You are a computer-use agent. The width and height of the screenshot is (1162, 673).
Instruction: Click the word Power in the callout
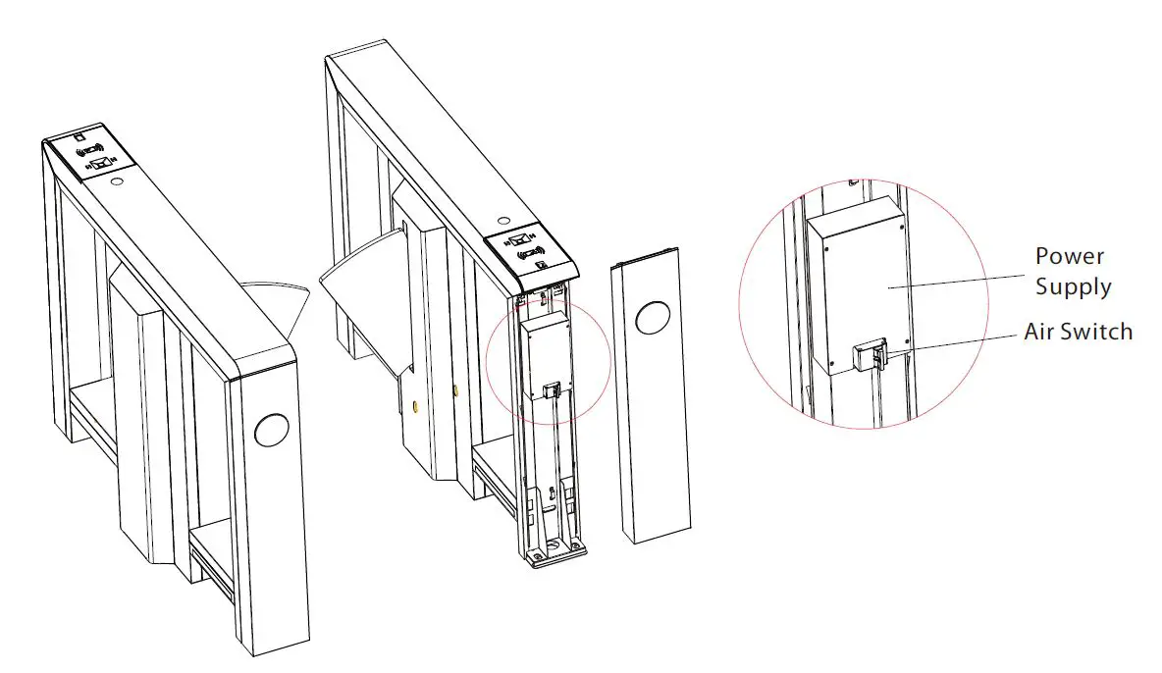coord(1069,257)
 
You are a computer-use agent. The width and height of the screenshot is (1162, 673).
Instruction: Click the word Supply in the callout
coord(1073,287)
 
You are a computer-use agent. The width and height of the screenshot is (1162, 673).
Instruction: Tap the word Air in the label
coord(1042,332)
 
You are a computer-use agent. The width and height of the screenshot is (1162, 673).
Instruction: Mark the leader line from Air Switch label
coord(952,338)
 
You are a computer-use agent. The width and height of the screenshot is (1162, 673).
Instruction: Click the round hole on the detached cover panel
coord(652,319)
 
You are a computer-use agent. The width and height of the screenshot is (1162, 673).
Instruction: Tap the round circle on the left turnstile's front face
coord(272,429)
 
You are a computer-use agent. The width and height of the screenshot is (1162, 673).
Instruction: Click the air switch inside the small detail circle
coord(552,388)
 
